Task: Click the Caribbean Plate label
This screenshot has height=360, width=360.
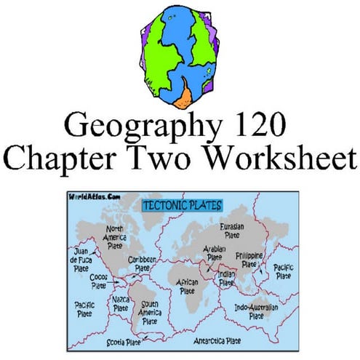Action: (x=143, y=265)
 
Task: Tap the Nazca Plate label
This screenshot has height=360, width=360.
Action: (x=121, y=303)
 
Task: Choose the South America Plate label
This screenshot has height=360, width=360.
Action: (x=151, y=313)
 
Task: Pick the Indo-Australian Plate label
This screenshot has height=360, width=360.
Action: (x=255, y=313)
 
